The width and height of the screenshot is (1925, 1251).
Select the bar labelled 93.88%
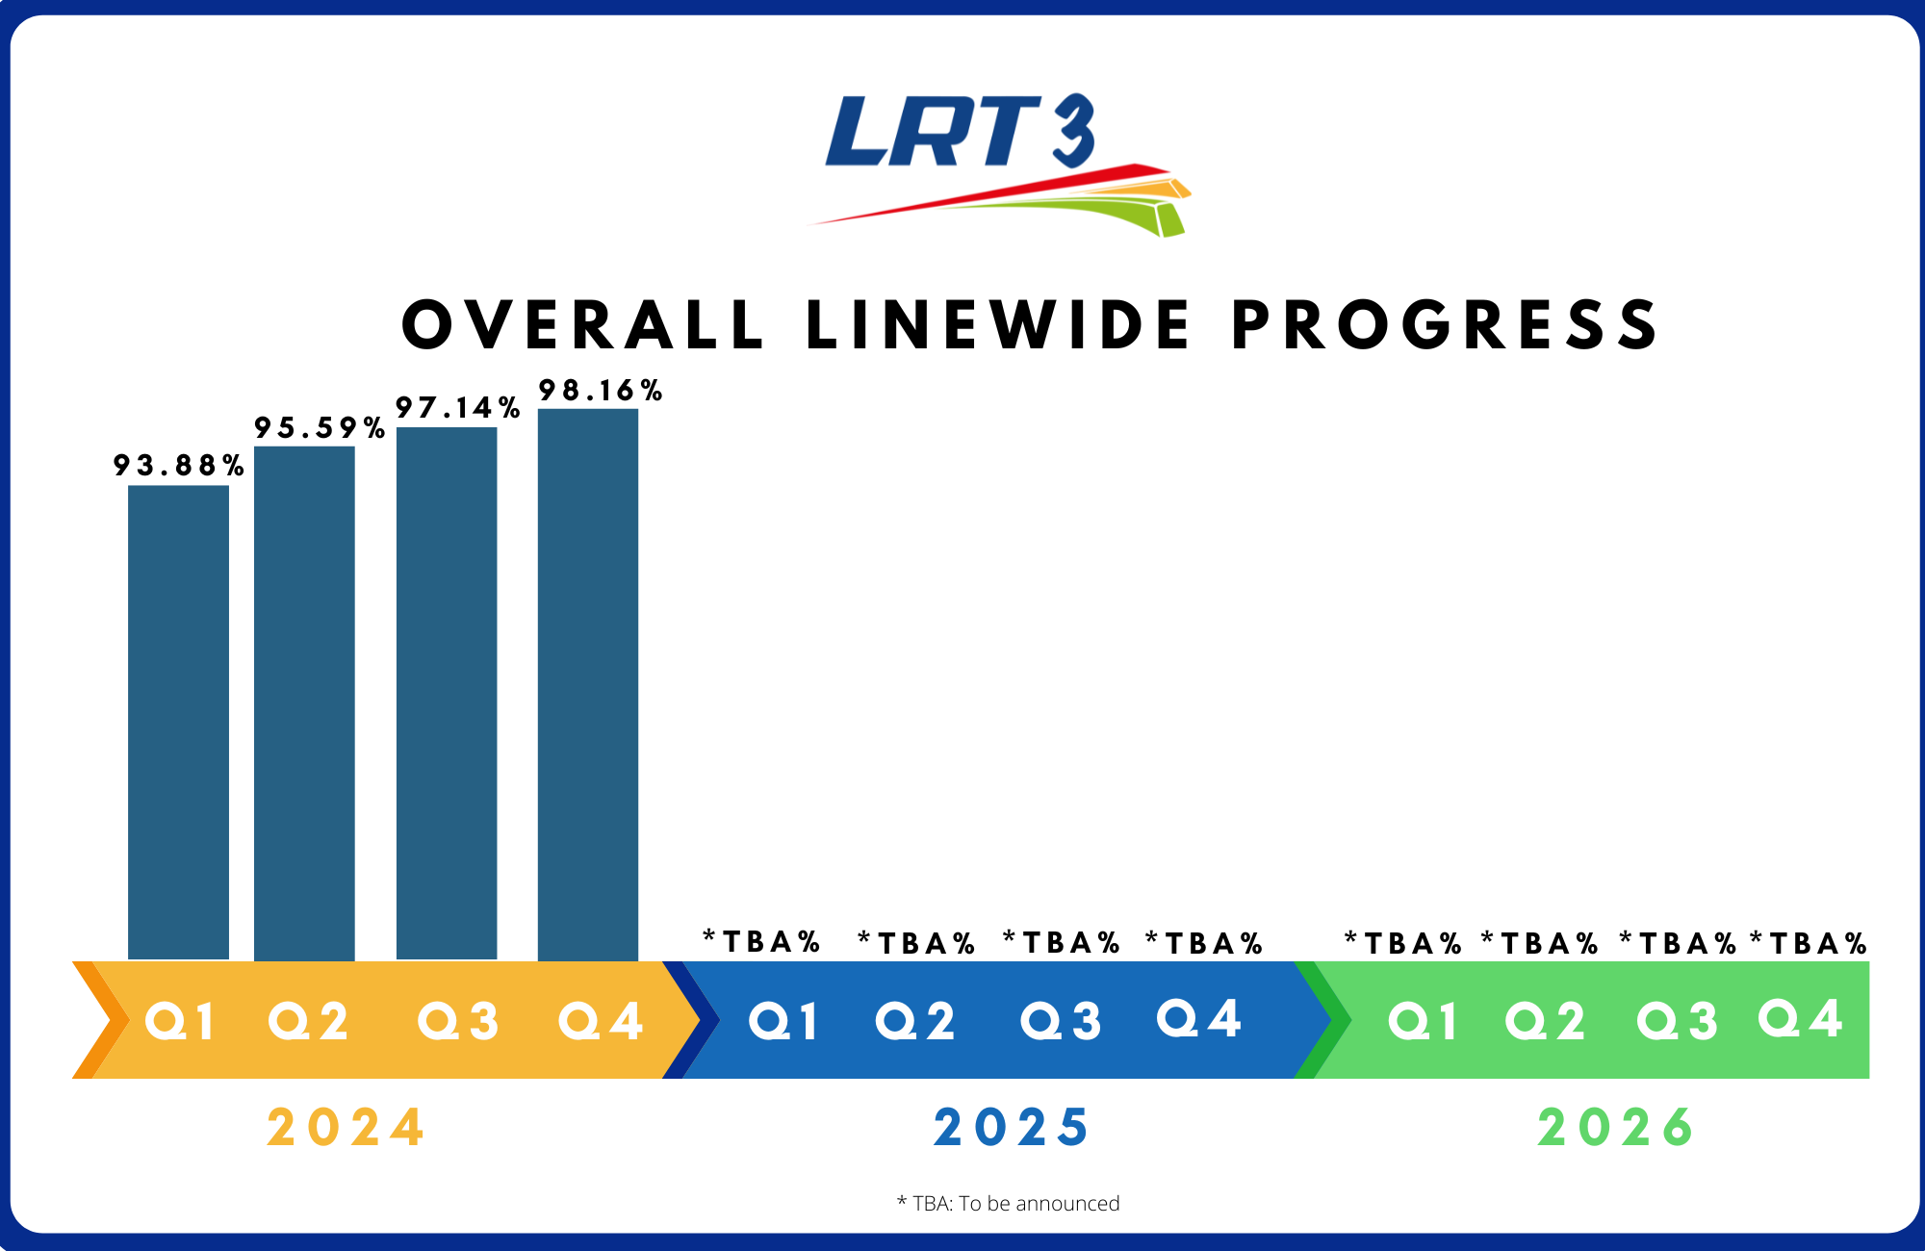tap(178, 722)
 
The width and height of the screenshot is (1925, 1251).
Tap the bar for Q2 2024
tap(304, 702)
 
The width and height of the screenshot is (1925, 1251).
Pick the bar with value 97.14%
tap(447, 693)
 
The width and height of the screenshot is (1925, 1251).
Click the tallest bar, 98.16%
tap(588, 683)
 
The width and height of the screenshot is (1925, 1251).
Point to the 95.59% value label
tap(320, 428)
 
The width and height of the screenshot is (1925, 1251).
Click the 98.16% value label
tap(601, 391)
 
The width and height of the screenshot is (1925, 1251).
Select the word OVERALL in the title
tap(583, 325)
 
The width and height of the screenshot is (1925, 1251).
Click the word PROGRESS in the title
tap(1446, 325)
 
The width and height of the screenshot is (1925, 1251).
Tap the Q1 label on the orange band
tap(180, 1021)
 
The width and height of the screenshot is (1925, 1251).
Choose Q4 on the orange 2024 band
tap(601, 1021)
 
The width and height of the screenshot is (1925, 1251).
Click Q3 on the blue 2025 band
tap(1061, 1021)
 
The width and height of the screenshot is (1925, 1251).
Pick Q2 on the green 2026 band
tap(1546, 1021)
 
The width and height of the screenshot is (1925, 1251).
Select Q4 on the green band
tap(1801, 1018)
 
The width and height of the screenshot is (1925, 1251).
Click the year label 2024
tap(346, 1128)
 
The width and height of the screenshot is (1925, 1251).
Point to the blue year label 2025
tap(1012, 1128)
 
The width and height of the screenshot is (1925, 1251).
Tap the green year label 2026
tap(1616, 1128)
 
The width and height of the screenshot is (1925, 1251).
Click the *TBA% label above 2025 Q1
tap(761, 941)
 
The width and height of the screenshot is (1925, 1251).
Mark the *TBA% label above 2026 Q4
tap(1809, 943)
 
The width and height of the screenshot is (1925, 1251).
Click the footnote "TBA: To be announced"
tap(1009, 1203)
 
